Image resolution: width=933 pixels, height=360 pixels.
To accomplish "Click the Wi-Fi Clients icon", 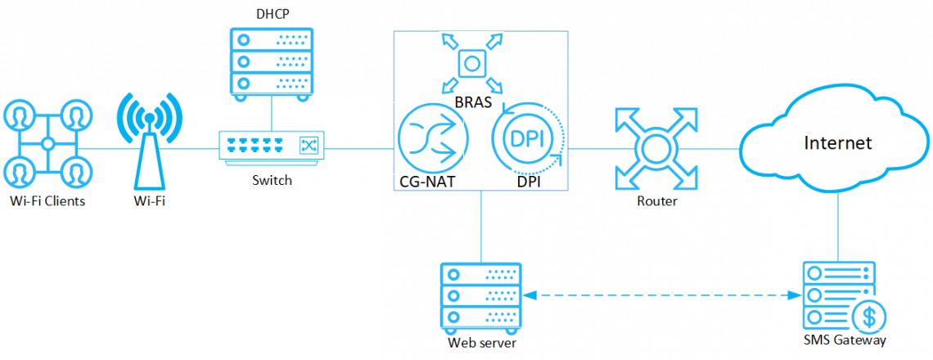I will click(48, 144).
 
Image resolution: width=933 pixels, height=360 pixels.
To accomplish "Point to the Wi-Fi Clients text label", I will click(48, 201).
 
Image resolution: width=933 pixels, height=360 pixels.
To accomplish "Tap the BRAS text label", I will click(472, 101).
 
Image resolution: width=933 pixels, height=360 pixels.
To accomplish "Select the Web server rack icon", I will click(480, 295).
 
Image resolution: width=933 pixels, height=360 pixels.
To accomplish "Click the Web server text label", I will click(481, 341).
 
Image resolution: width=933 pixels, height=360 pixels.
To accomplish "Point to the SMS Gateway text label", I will click(845, 340).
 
